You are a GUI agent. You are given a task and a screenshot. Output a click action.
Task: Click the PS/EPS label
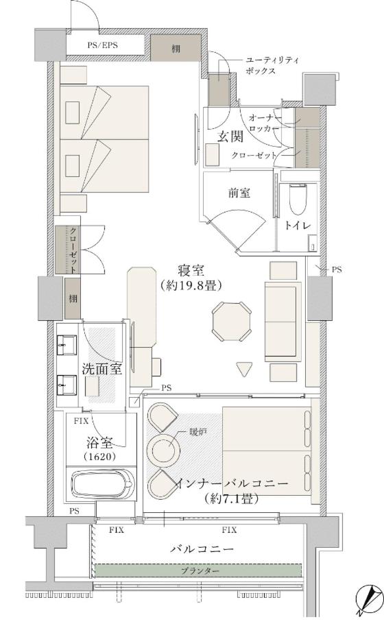(x=103, y=45)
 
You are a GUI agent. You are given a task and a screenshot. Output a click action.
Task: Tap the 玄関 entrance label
(x=230, y=137)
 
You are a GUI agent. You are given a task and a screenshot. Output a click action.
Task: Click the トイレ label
(x=297, y=226)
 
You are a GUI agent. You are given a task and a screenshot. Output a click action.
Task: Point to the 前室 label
(x=239, y=193)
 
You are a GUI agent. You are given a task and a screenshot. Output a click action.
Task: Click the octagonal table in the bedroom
(x=232, y=322)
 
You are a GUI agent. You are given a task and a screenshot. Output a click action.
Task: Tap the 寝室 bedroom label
(x=191, y=271)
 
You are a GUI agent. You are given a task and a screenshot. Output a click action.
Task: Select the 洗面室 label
(x=101, y=369)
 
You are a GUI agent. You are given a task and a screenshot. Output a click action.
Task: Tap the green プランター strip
(x=198, y=570)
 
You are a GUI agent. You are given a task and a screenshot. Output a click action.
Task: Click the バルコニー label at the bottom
(x=202, y=549)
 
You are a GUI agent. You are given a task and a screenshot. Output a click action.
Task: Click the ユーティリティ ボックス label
(x=272, y=66)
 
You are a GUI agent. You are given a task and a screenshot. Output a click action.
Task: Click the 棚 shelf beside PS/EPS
(x=176, y=48)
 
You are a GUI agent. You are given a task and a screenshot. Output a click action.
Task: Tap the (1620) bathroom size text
(x=100, y=457)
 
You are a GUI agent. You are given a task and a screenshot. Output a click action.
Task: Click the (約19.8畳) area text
(x=191, y=286)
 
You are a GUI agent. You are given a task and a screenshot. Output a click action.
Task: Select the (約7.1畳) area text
(x=230, y=498)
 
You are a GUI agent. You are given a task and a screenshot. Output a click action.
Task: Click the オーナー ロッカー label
(x=264, y=123)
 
